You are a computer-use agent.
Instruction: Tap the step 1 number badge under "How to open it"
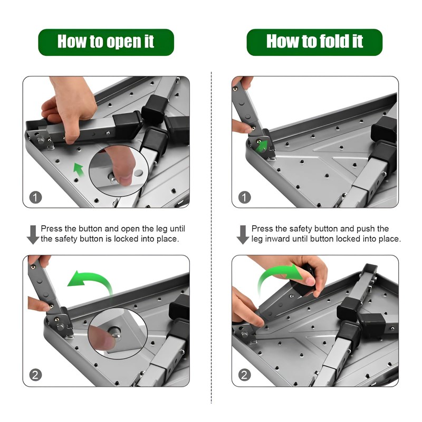pos(35,197)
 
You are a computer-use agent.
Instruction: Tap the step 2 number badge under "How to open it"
pos(35,375)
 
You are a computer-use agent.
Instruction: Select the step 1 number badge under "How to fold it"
pos(244,197)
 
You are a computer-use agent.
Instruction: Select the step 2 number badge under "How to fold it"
pos(244,375)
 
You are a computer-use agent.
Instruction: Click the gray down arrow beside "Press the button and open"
pos(33,235)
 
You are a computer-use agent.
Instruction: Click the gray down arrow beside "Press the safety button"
pos(243,235)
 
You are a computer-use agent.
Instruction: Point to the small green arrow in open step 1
pos(79,169)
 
